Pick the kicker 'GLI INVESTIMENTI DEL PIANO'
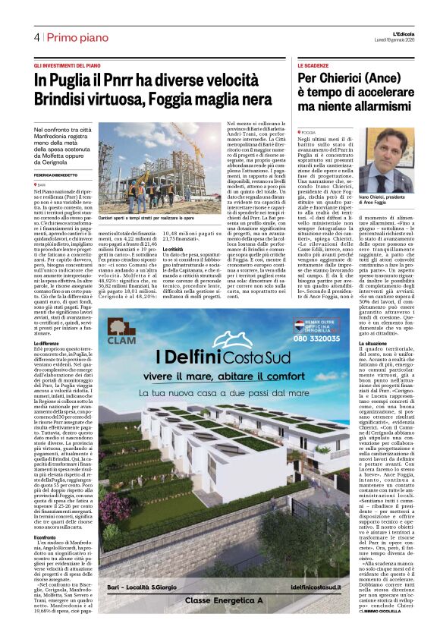(x=68, y=67)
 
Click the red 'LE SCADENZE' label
(x=313, y=67)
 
